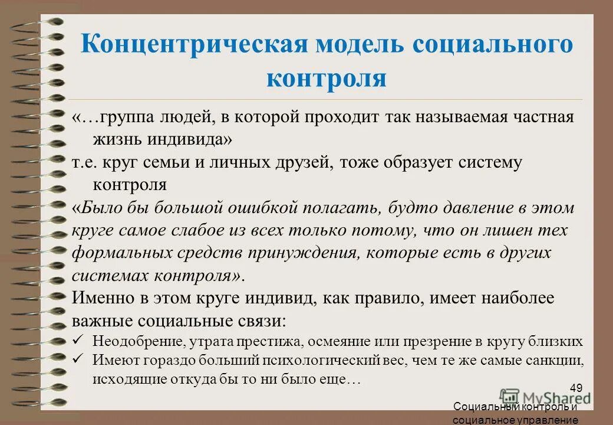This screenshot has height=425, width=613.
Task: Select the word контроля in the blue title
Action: (x=326, y=79)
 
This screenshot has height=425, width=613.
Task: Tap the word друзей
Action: (x=304, y=163)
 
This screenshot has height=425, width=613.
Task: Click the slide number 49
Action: (x=576, y=388)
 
